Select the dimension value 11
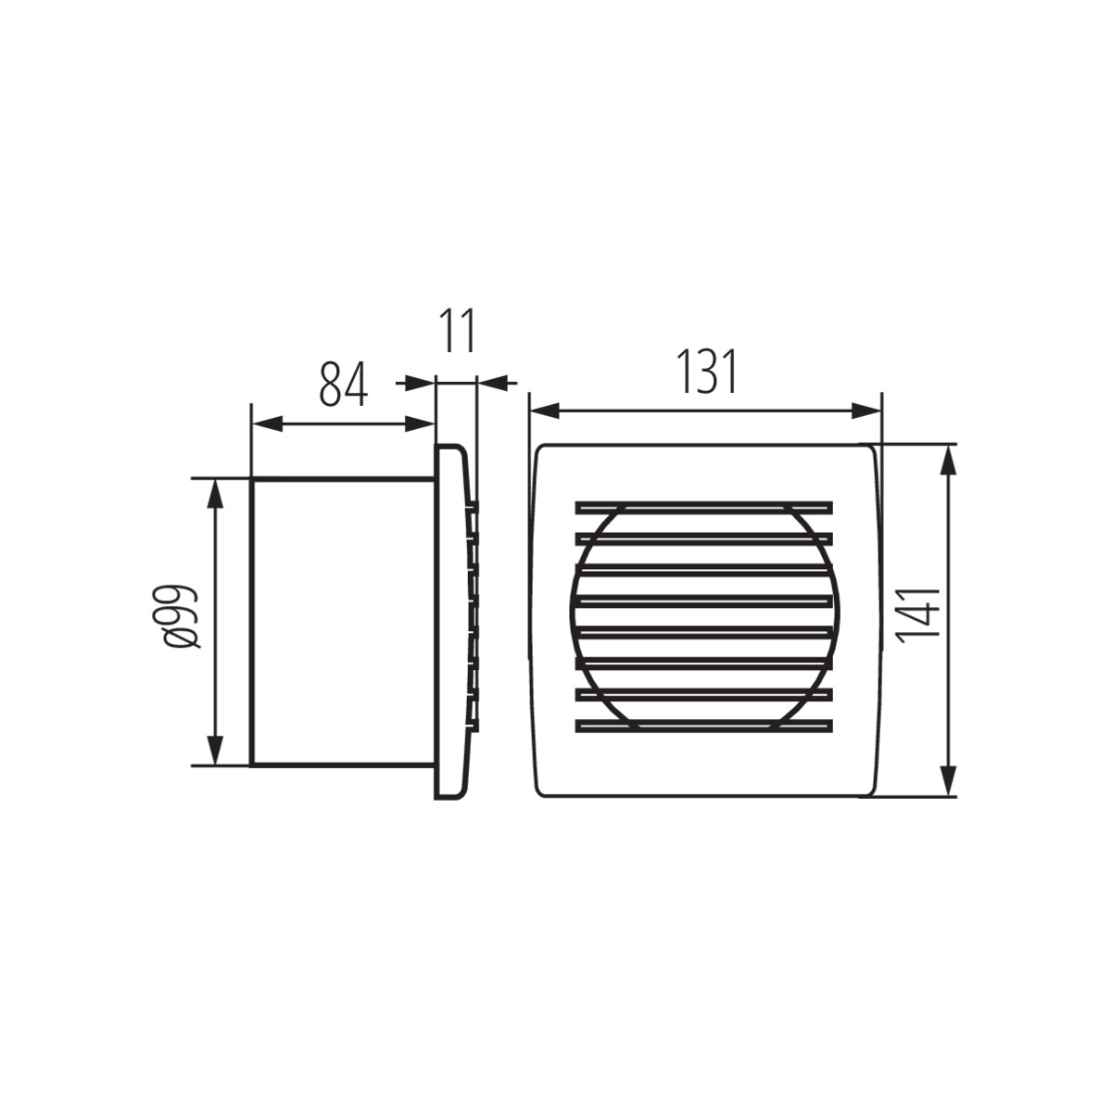(x=457, y=330)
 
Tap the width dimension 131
(x=707, y=371)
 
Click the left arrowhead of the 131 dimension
(x=545, y=411)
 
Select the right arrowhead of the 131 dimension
(x=866, y=411)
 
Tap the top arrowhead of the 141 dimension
(x=948, y=460)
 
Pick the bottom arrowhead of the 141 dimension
(x=948, y=782)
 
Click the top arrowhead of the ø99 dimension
(x=216, y=493)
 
